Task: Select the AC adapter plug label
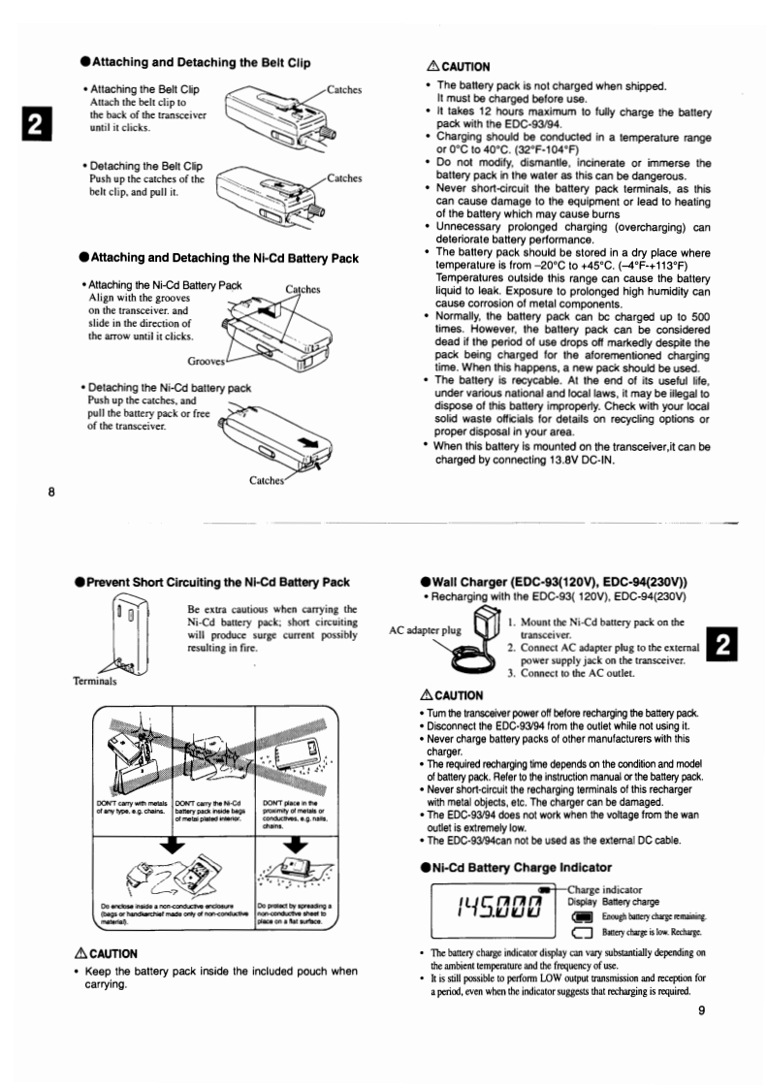click(426, 629)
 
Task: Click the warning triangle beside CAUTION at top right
click(432, 67)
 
